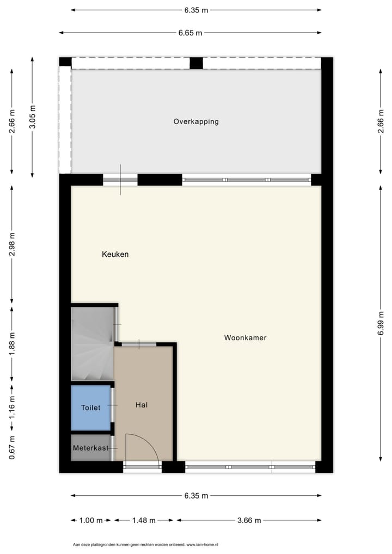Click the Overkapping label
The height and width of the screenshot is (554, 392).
pyautogui.click(x=196, y=121)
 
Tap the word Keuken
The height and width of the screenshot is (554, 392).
pyautogui.click(x=115, y=254)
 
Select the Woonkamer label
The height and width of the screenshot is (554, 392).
pyautogui.click(x=245, y=338)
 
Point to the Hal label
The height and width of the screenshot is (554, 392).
pyautogui.click(x=142, y=405)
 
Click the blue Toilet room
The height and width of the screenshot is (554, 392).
pyautogui.click(x=91, y=407)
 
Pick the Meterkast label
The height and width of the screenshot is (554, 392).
pyautogui.click(x=90, y=448)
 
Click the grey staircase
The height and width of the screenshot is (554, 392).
pyautogui.click(x=91, y=344)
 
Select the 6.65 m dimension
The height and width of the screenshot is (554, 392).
pyautogui.click(x=190, y=33)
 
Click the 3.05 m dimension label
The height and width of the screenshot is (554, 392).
pyautogui.click(x=33, y=117)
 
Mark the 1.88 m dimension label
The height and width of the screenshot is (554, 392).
pyautogui.click(x=12, y=342)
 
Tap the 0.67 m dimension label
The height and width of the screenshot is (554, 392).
pyautogui.click(x=12, y=448)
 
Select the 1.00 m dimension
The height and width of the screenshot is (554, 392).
pyautogui.click(x=91, y=521)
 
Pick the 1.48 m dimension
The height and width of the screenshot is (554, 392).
pyautogui.click(x=144, y=521)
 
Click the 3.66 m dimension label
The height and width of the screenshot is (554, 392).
pyautogui.click(x=248, y=521)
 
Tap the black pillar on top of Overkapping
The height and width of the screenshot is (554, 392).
pyautogui.click(x=196, y=63)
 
